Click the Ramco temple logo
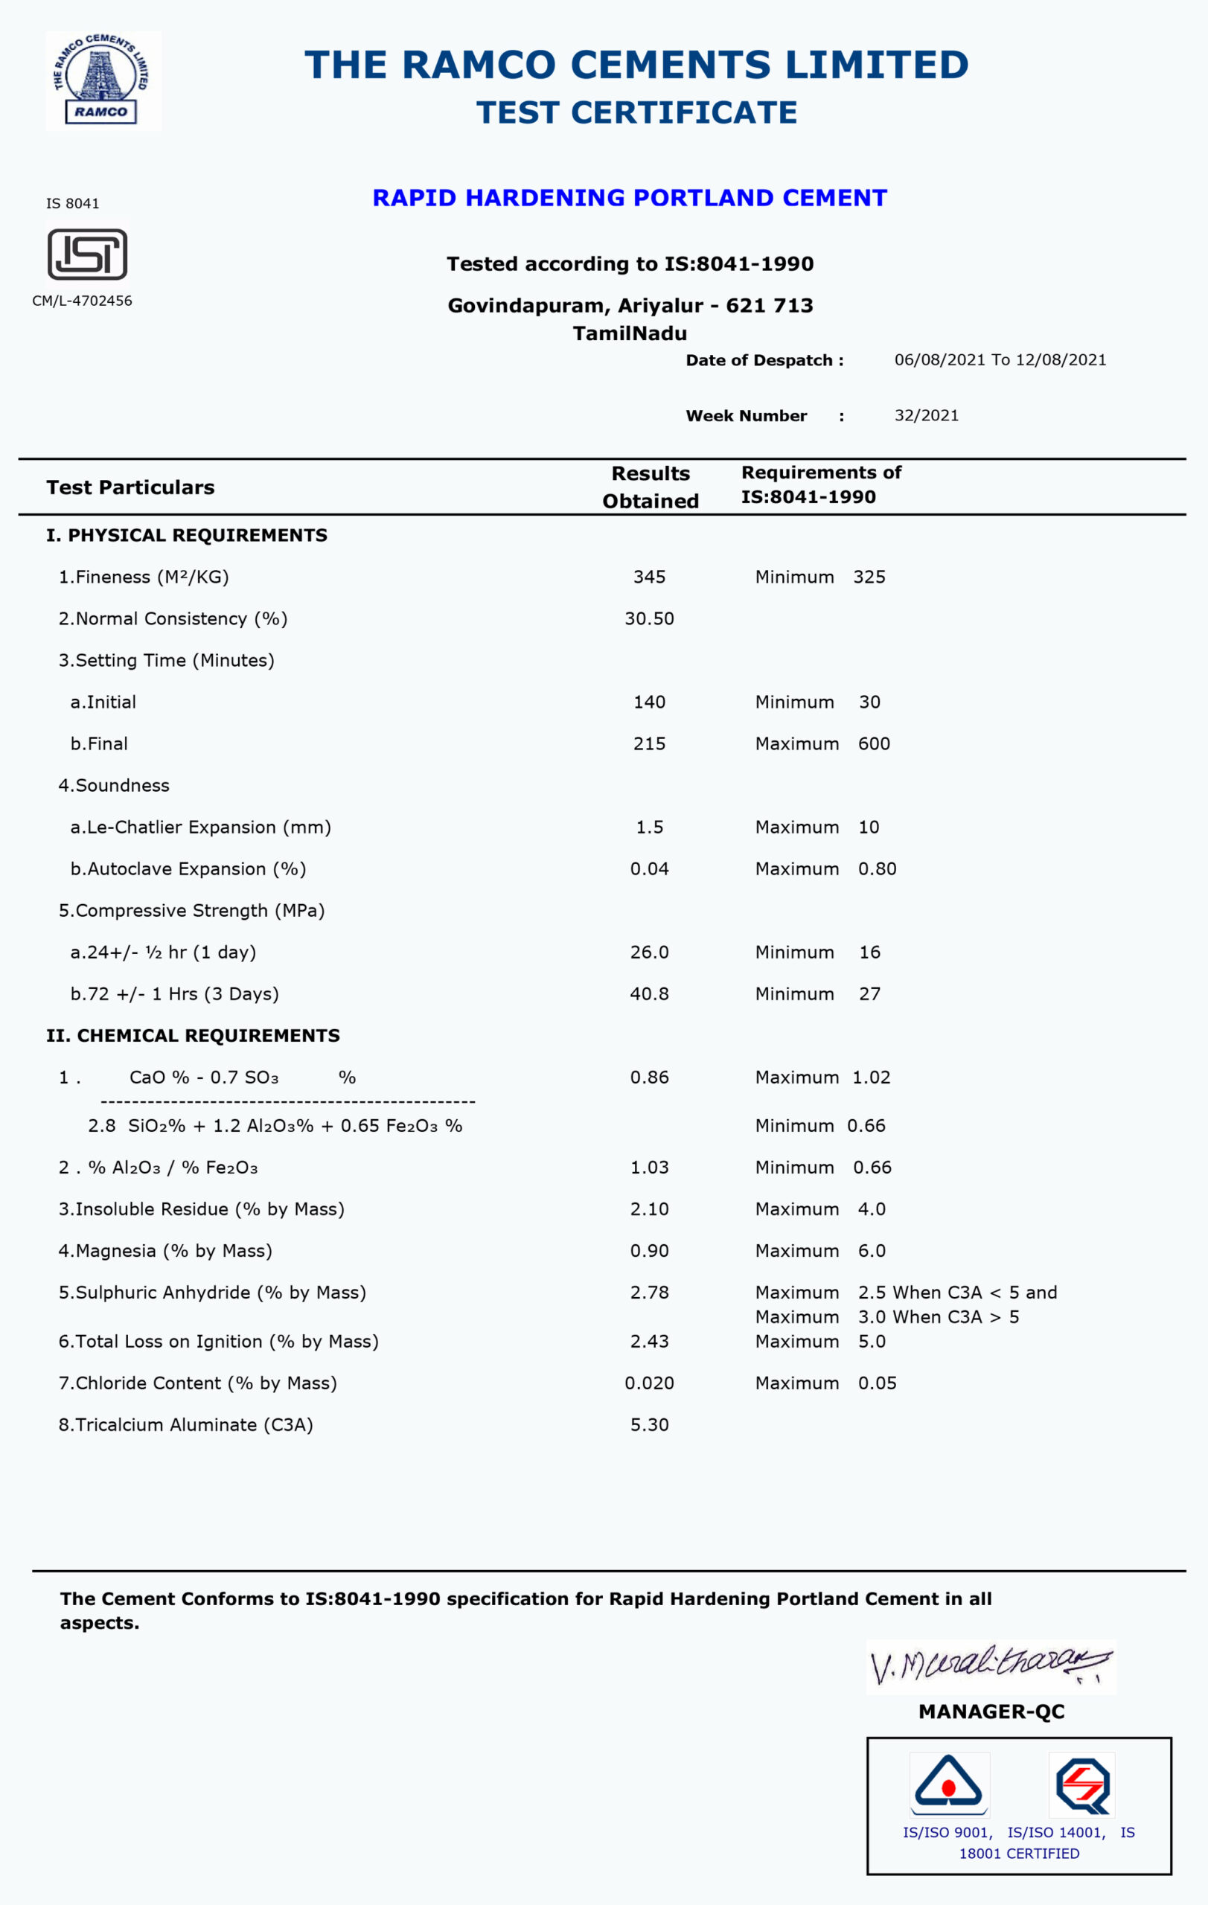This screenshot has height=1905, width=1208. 103,80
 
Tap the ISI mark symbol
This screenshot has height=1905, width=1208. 87,254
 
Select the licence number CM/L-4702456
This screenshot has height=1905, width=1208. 83,301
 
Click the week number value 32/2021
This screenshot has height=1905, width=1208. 927,415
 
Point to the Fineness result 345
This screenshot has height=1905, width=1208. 649,577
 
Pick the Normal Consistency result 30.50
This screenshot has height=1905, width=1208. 649,618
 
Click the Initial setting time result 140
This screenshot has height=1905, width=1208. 649,702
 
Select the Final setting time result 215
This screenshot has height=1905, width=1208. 649,743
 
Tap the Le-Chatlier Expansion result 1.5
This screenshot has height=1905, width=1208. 649,827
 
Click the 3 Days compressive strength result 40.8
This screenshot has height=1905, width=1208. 649,993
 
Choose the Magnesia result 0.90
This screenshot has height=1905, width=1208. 649,1251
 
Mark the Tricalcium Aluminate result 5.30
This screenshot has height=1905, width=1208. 649,1425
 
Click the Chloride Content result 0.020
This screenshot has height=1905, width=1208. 649,1383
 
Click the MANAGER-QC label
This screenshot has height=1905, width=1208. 991,1712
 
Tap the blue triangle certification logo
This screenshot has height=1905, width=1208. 947,1784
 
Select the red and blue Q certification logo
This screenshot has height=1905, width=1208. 1082,1784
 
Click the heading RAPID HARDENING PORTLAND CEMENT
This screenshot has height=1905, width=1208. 630,198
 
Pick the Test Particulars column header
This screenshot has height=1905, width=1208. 130,487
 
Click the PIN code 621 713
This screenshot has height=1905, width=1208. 769,305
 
